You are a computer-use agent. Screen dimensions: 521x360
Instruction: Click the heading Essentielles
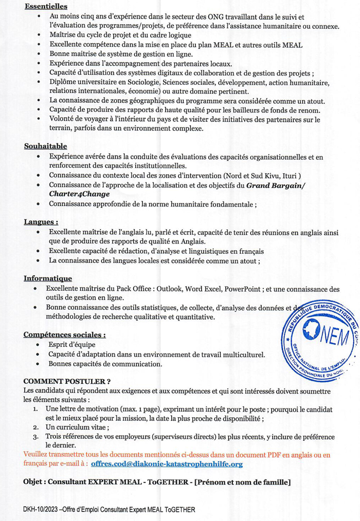[46, 7]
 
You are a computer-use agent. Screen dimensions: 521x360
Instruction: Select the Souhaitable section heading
[45, 146]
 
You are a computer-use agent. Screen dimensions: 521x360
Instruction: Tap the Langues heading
[41, 222]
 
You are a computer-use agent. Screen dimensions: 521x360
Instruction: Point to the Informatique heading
[48, 278]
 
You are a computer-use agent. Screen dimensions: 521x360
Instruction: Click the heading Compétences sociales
[65, 334]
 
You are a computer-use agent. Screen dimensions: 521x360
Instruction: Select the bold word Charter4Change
[79, 194]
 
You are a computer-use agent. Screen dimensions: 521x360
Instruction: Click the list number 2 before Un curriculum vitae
[35, 427]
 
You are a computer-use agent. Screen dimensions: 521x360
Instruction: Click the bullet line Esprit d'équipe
[72, 344]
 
